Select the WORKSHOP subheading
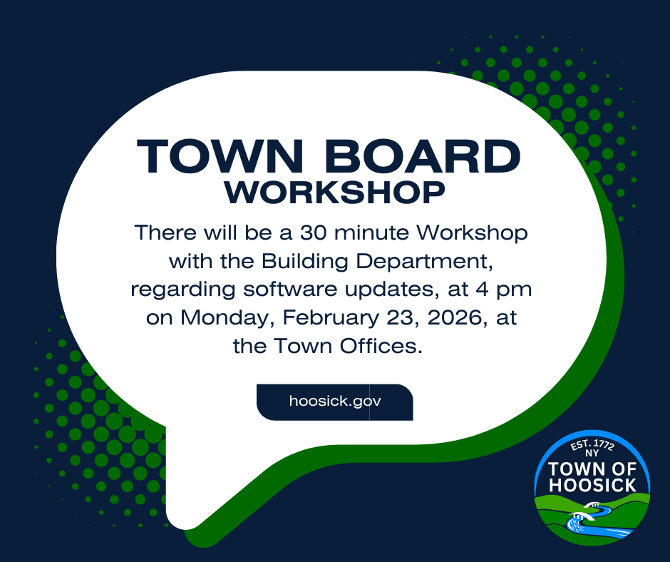tap(334, 192)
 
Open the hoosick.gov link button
tap(334, 401)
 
